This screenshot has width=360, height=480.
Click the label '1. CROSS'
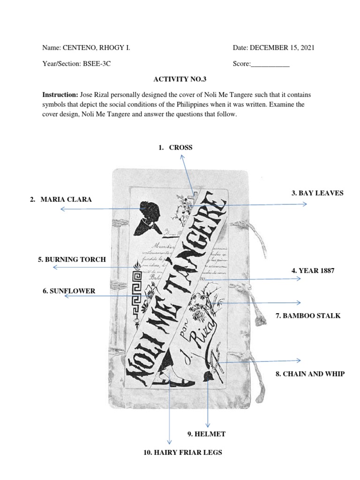click(x=175, y=148)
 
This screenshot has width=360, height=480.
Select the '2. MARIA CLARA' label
click(x=61, y=200)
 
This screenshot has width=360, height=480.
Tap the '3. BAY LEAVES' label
click(x=317, y=193)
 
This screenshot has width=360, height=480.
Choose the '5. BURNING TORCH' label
click(x=72, y=259)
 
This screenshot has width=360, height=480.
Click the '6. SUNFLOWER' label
click(x=68, y=291)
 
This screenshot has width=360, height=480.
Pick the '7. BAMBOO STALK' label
click(x=308, y=316)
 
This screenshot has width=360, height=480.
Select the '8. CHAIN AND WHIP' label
click(x=310, y=374)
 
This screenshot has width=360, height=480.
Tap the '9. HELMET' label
click(x=206, y=434)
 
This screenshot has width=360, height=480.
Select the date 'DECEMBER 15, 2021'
click(x=282, y=48)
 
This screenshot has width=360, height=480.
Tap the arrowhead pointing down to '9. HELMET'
click(x=207, y=424)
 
